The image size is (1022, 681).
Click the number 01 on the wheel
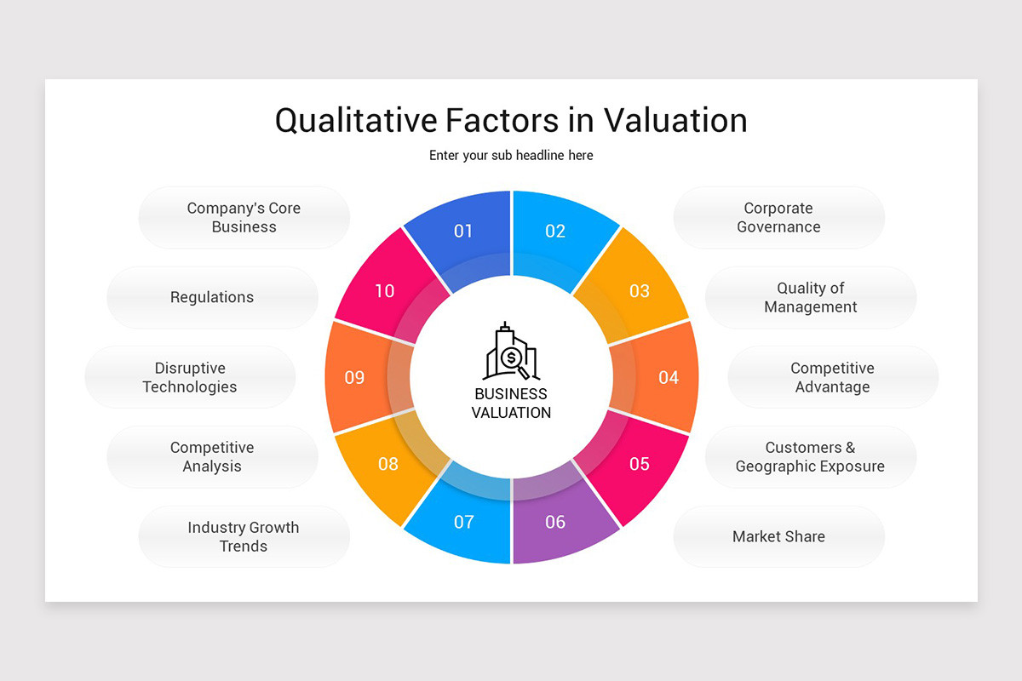pos(462,232)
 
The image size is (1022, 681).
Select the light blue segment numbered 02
pos(555,232)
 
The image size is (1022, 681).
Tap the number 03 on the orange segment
pos(639,291)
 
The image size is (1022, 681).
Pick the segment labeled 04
pos(668,377)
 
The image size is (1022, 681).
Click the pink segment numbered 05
pos(639,464)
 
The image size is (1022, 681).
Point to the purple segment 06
pos(555,522)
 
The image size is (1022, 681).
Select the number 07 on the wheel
pos(463,522)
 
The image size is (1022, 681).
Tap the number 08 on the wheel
pos(388,464)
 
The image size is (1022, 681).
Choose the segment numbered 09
pos(354,377)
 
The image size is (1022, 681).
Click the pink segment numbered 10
pos(385,291)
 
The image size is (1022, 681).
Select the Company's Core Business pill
pos(244,218)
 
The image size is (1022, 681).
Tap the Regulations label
pos(212,297)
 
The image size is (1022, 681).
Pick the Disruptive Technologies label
pos(190,377)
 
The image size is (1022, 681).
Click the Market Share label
pos(778,536)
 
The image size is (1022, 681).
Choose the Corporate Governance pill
pos(778,218)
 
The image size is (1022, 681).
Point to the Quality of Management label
pos(810,297)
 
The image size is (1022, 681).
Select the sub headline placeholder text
pos(511,156)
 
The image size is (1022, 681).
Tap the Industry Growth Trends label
pos(244,536)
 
